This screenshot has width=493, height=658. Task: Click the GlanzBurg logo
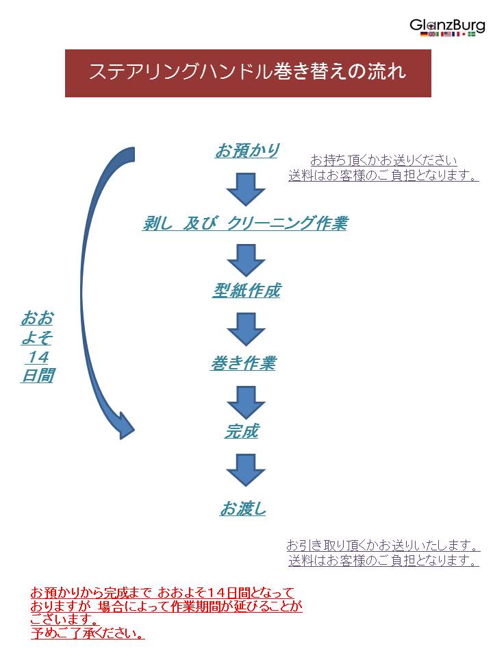pos(447,25)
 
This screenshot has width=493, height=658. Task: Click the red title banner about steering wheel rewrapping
pos(248,73)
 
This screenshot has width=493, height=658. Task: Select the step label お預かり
pos(246,150)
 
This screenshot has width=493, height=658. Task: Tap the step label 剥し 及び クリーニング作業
pos(244,223)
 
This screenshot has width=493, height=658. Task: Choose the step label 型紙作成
pos(246,291)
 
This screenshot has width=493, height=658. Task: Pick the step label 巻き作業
pos(243,363)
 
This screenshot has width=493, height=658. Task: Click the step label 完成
pos(242,431)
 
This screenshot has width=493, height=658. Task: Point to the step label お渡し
pos(243,509)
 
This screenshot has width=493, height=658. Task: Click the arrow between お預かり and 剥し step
pos(246,188)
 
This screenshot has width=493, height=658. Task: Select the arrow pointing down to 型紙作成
pos(246,260)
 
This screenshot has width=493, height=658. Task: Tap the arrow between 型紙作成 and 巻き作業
pos(246,329)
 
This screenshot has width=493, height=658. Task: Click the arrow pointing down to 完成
pos(246,402)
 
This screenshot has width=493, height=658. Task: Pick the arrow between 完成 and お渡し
pos(246,470)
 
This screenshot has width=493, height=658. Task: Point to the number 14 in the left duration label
pos(37,357)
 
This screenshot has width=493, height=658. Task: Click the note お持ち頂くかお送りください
pos(383,160)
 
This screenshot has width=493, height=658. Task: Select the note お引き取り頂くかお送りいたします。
pos(383,546)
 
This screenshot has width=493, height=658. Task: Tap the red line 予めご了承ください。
pos(88,633)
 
